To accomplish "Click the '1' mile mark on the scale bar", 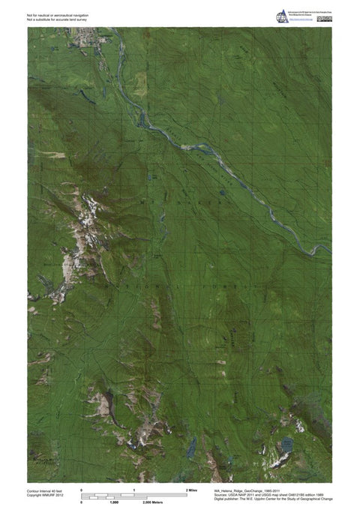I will [x=133, y=489].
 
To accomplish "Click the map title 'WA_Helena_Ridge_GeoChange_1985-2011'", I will [x=241, y=487].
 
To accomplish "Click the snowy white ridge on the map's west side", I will [x=87, y=217].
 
